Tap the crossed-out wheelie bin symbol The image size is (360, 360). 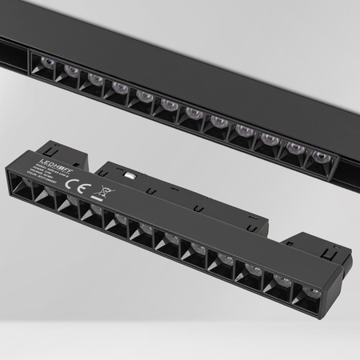(x=106, y=193)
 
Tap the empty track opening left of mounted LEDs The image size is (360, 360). (x=14, y=56)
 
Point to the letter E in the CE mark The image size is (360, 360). (x=79, y=187)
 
